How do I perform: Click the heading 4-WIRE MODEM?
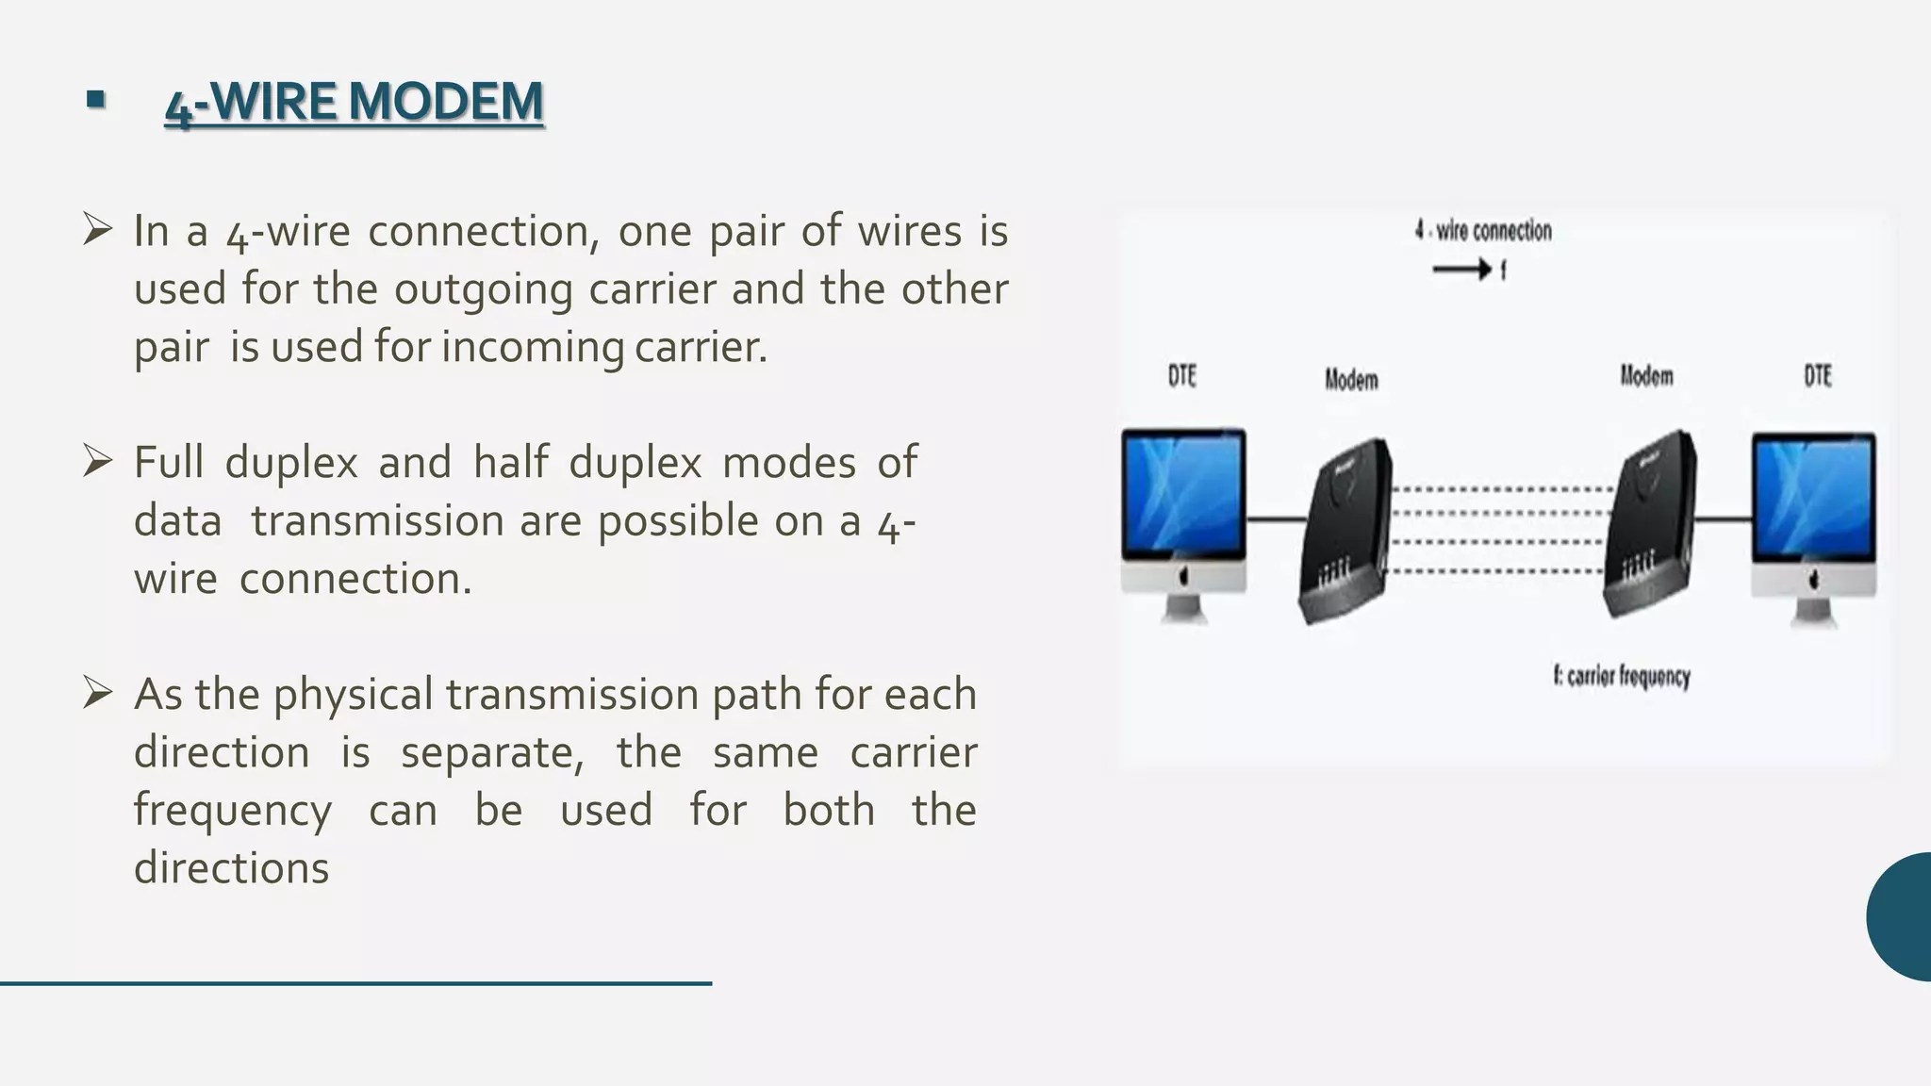coord(354,103)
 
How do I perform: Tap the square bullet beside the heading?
coord(95,99)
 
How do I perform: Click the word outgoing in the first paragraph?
coord(483,289)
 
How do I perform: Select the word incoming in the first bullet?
coord(533,347)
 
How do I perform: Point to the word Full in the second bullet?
coord(169,463)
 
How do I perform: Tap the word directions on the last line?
coord(231,868)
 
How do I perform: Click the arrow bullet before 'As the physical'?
coord(97,693)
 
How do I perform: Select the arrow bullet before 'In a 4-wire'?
coord(97,229)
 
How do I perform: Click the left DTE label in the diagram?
coord(1181,376)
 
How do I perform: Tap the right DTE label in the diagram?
coord(1817,376)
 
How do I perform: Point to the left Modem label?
coord(1351,380)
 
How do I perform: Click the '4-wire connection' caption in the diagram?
coord(1483,231)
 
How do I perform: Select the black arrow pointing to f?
coord(1461,271)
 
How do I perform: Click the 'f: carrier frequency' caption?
coord(1622,676)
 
